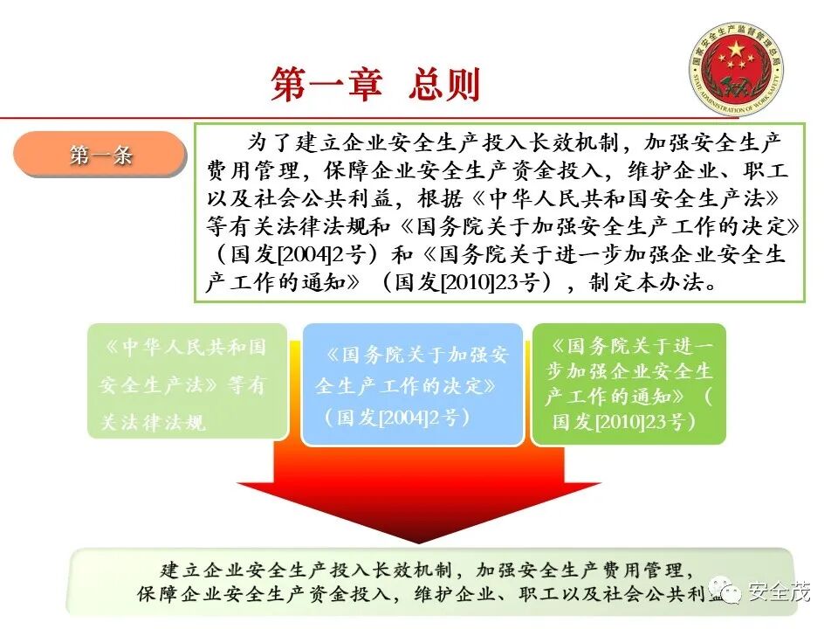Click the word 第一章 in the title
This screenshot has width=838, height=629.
tap(326, 86)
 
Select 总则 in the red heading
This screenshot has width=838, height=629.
tap(444, 86)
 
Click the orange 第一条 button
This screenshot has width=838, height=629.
tap(100, 156)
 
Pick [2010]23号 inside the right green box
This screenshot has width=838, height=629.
tap(649, 422)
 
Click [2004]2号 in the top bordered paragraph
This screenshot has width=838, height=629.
tap(280, 255)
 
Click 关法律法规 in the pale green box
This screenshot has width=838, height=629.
tap(154, 423)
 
